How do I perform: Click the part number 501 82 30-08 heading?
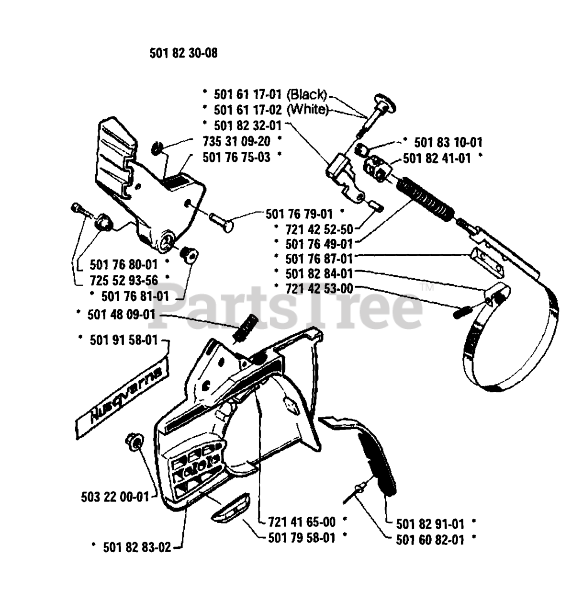pyautogui.click(x=183, y=53)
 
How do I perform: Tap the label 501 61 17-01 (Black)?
pyautogui.click(x=270, y=94)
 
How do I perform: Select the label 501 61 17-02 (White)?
pyautogui.click(x=271, y=110)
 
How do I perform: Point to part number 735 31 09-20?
pyautogui.click(x=237, y=141)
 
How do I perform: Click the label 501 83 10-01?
pyautogui.click(x=448, y=142)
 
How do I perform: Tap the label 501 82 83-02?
pyautogui.click(x=137, y=547)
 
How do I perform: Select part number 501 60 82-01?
pyautogui.click(x=430, y=540)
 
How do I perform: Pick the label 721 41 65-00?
pyautogui.click(x=302, y=521)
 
